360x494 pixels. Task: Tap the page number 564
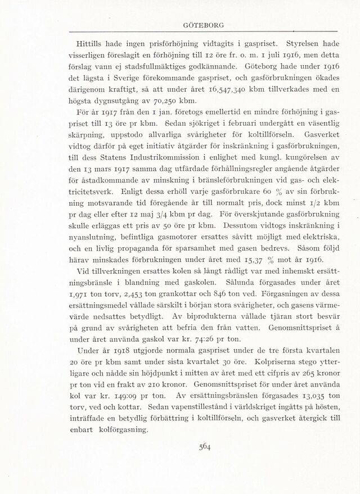tap(205, 447)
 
